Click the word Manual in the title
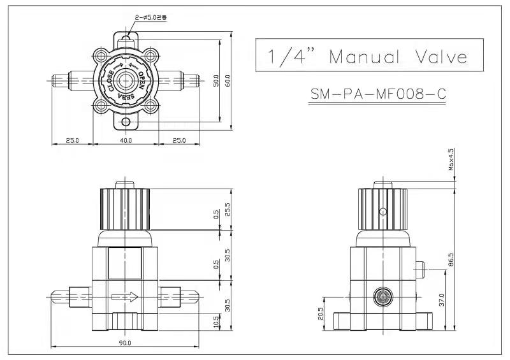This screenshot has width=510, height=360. [x=364, y=57]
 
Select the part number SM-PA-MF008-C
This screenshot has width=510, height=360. [x=377, y=94]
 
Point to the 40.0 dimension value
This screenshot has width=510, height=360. [x=125, y=140]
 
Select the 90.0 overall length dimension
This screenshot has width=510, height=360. [x=125, y=343]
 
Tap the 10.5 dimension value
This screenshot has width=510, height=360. [x=216, y=324]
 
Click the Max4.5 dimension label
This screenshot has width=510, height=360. [x=451, y=160]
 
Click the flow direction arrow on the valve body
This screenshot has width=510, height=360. [x=125, y=297]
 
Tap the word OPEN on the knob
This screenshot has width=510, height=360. [x=142, y=79]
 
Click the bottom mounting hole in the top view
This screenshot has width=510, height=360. [x=125, y=122]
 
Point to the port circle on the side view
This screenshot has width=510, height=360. [x=382, y=296]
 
